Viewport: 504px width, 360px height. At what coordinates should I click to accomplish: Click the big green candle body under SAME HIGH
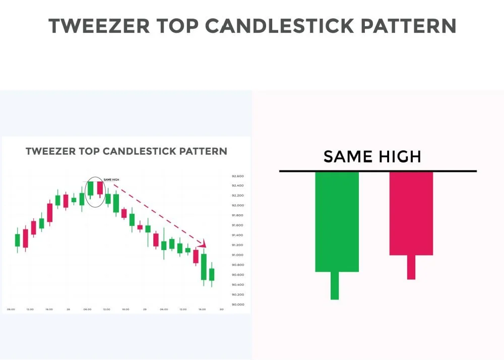click(337, 222)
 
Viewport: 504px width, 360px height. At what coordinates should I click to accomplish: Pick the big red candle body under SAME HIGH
click(411, 213)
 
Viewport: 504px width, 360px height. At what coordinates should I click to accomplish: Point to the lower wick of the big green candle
click(335, 285)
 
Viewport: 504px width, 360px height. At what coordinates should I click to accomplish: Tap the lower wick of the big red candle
click(411, 267)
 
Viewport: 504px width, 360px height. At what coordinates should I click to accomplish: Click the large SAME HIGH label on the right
click(372, 156)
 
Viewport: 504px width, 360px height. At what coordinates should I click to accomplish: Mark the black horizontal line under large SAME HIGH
click(378, 171)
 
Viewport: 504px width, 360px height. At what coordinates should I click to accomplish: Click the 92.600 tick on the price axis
click(238, 176)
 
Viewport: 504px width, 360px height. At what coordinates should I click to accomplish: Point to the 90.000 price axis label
click(238, 305)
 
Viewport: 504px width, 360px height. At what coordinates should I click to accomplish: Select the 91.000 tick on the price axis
click(238, 255)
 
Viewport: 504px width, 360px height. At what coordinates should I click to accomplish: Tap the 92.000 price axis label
click(238, 206)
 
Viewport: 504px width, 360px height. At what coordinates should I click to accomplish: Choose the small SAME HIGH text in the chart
click(111, 179)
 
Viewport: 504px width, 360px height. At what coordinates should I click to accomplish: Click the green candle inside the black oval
click(90, 188)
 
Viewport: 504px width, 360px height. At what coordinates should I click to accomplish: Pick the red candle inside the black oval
click(100, 188)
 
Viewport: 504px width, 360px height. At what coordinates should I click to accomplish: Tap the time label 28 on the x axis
click(68, 309)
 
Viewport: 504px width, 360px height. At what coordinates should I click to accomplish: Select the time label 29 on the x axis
click(145, 309)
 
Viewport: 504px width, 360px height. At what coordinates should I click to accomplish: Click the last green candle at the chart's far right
click(212, 274)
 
